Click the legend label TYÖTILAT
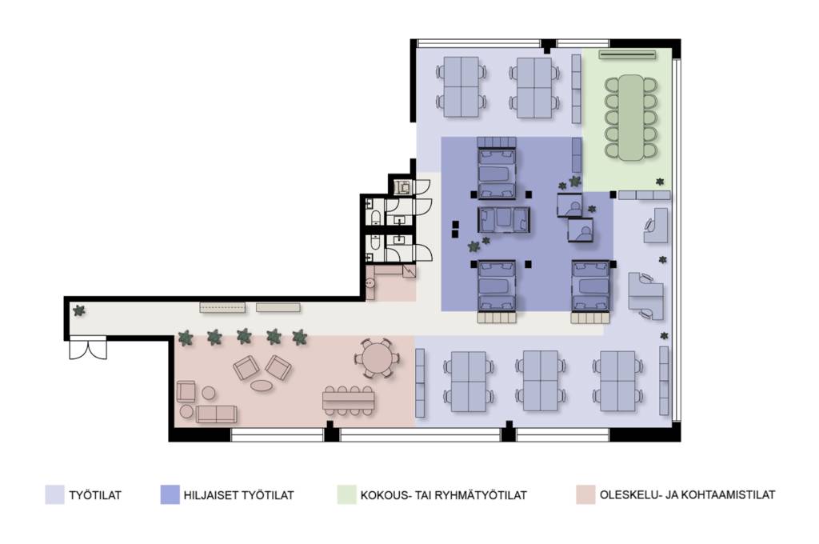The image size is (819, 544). point(95,495)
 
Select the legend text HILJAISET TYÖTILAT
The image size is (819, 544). point(238,495)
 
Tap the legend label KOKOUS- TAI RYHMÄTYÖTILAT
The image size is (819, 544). point(443,495)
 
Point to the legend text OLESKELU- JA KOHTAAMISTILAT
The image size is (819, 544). point(687,494)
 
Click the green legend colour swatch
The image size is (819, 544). point(346,494)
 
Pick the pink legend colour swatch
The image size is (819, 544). point(585,494)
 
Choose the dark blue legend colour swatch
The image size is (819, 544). point(170,494)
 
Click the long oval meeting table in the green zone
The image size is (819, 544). point(631,117)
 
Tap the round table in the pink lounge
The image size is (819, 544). point(375,358)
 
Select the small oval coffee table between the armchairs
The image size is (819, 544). point(262,386)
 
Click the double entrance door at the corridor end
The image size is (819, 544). point(88,350)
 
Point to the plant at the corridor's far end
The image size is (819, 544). point(79,311)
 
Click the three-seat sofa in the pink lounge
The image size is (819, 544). point(216,414)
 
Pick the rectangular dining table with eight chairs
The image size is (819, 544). point(349,401)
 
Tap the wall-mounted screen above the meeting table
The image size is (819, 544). point(627,54)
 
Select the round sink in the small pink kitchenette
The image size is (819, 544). point(370,284)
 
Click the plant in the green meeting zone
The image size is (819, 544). point(660,182)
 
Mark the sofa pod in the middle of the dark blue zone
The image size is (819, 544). point(504,219)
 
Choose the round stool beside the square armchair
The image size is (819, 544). point(209,393)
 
